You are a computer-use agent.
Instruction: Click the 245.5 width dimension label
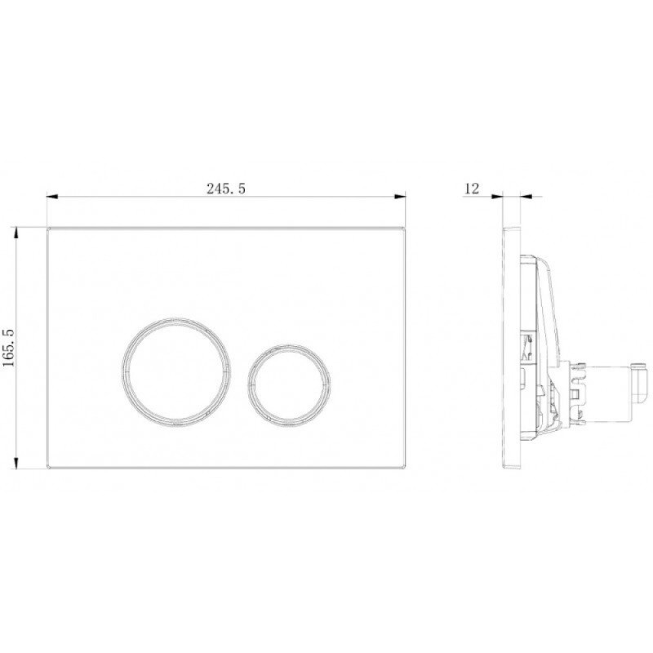(226, 189)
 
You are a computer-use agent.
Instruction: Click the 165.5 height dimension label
(9, 348)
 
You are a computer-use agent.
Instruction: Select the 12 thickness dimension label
(472, 189)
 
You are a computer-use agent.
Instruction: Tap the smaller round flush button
(289, 382)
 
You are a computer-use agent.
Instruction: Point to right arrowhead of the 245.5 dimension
(400, 196)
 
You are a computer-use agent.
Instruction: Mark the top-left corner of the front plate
(47, 228)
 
